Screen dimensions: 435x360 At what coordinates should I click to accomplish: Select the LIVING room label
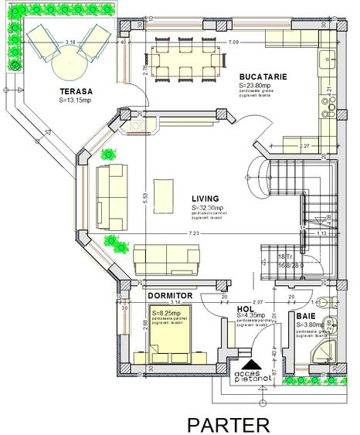pos(205,198)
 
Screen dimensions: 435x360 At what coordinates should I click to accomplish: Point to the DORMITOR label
pos(169,294)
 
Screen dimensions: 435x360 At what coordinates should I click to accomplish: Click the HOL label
pos(244,308)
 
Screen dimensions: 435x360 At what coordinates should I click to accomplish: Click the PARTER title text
pos(229,423)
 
